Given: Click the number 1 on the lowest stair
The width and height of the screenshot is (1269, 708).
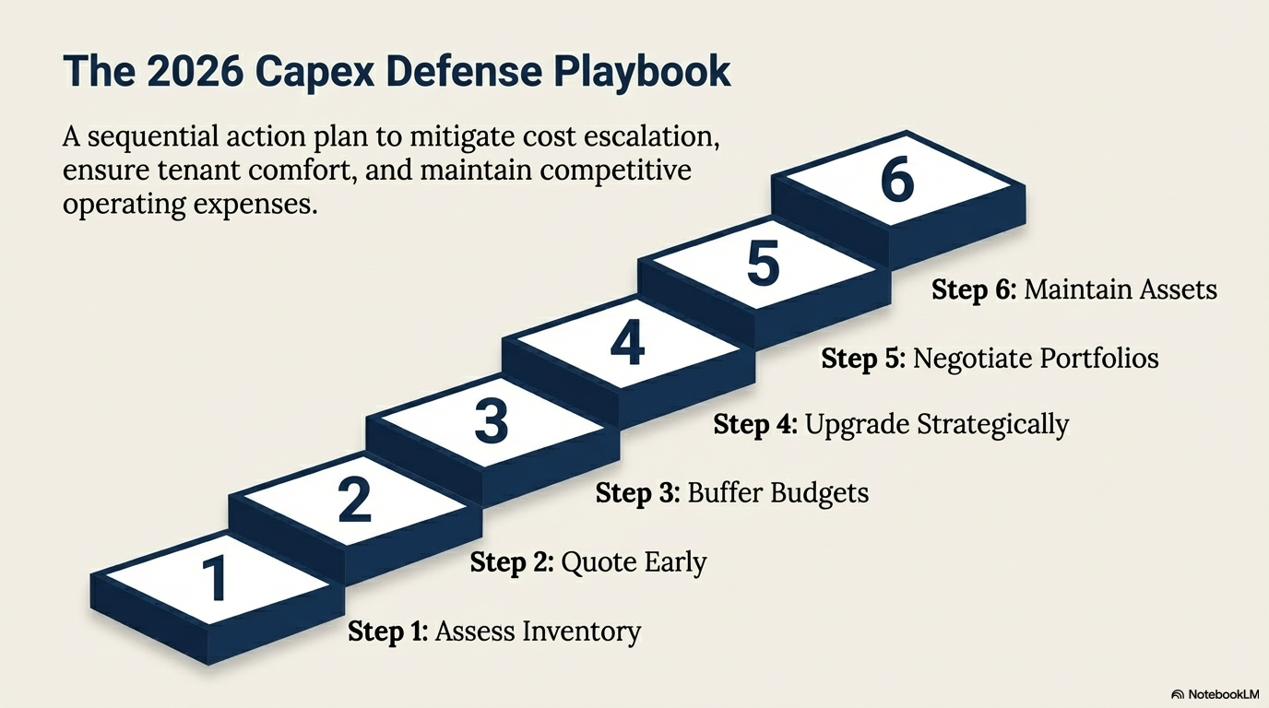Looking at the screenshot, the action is pyautogui.click(x=215, y=577).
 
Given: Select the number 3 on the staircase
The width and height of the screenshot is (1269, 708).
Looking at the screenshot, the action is pyautogui.click(x=492, y=420).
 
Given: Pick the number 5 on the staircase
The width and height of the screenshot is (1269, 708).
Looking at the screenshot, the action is pyautogui.click(x=763, y=263).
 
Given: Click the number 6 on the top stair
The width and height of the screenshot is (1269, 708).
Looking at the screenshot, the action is pyautogui.click(x=898, y=180).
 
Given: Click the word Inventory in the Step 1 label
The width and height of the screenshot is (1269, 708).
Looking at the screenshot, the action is pyautogui.click(x=582, y=631).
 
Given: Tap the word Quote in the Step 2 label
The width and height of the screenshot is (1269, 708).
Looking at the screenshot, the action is pyautogui.click(x=594, y=561).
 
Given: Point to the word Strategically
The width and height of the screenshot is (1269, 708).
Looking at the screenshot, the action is pyautogui.click(x=993, y=424).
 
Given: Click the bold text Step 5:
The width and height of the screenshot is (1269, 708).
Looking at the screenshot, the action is pyautogui.click(x=863, y=358).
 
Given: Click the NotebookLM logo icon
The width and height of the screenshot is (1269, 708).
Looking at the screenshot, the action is pyautogui.click(x=1178, y=694).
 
